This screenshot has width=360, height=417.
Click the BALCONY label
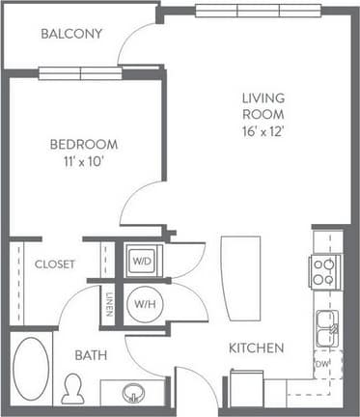[x=71, y=34]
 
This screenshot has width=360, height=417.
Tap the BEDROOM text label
[x=84, y=145]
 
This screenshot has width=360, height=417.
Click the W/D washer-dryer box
[x=143, y=261]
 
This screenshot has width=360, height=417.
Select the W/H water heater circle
[x=143, y=303]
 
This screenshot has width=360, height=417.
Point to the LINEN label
[x=109, y=304]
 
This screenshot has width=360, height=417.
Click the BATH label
[x=93, y=355]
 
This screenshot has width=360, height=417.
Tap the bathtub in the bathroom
[x=32, y=370]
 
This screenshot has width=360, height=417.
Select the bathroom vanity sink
[x=132, y=393]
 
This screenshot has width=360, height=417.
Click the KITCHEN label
[x=256, y=347]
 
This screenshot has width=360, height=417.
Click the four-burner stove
[x=323, y=271]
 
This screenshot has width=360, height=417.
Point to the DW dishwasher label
[x=321, y=364]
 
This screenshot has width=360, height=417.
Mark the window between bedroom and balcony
[x=80, y=73]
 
